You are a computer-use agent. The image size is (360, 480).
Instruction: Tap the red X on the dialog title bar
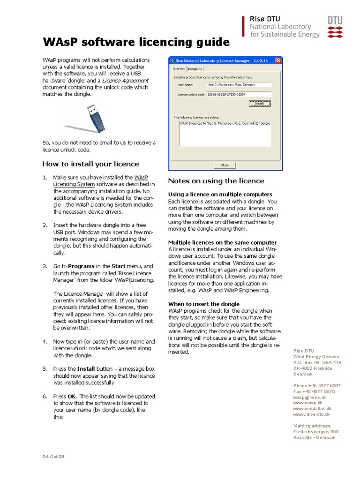(x=278, y=60)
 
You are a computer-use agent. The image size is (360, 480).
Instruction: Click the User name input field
(x=239, y=85)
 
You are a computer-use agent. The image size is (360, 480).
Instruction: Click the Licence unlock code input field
(x=239, y=94)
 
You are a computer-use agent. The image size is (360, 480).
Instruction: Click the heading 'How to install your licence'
(x=90, y=164)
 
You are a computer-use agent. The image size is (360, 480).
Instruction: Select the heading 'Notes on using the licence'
(x=216, y=181)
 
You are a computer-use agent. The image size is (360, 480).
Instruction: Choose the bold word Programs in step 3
(x=77, y=266)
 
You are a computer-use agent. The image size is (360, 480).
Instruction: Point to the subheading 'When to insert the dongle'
(x=203, y=304)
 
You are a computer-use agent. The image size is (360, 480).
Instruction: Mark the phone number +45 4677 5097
(x=317, y=385)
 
